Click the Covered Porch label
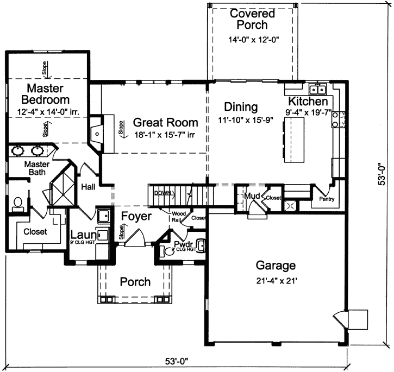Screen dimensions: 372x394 point(248,19)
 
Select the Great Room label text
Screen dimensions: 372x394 point(166,122)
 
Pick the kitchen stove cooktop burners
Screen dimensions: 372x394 point(342,119)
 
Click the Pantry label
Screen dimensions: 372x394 point(327,199)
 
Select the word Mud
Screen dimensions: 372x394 point(251,196)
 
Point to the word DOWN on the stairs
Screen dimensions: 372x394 point(162,193)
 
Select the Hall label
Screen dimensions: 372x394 point(88,186)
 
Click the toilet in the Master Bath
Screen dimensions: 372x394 point(16,204)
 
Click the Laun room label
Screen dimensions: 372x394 point(83,235)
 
